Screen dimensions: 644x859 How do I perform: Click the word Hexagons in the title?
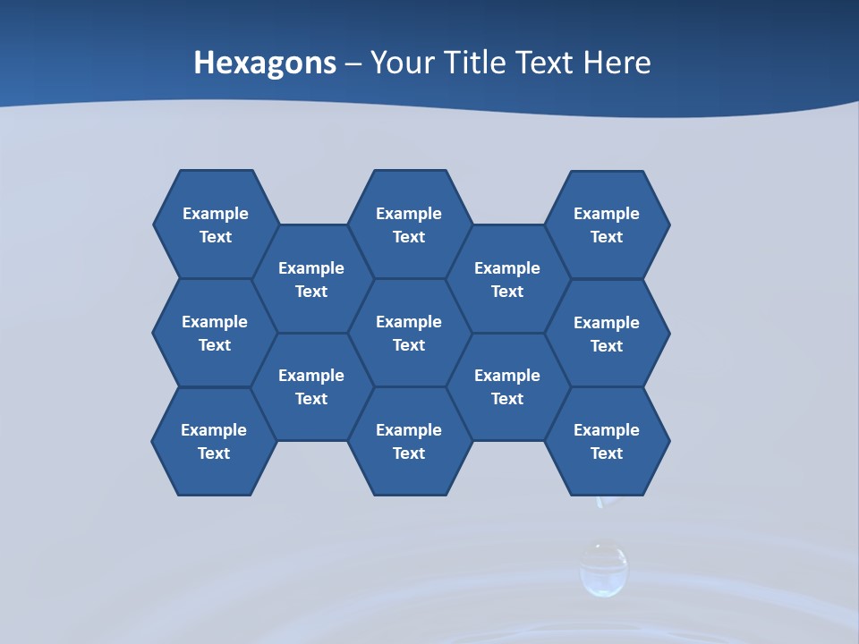265,63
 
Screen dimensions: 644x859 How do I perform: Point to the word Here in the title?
617,63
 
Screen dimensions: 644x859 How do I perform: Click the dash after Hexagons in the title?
353,64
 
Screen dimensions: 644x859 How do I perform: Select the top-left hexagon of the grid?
216,225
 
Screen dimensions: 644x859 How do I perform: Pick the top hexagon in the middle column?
409,225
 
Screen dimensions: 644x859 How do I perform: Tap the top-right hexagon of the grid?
607,225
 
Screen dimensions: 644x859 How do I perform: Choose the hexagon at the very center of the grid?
409,333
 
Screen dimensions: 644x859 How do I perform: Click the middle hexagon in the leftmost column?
215,333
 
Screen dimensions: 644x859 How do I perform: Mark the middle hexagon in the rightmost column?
607,334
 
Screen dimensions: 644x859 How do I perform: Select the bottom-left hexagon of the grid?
214,441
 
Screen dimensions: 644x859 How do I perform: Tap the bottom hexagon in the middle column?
409,441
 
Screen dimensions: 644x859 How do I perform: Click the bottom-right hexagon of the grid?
607,441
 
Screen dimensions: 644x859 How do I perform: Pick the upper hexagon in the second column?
311,279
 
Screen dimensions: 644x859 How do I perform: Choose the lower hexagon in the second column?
311,386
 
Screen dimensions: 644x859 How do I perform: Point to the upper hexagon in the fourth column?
507,279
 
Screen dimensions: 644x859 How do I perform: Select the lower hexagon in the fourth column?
507,386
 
